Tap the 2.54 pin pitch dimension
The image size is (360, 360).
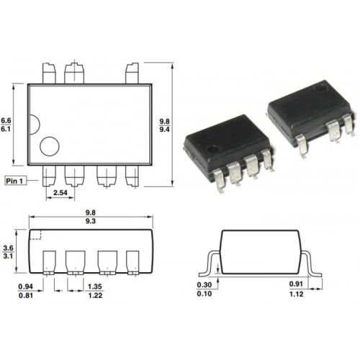(x=60, y=192)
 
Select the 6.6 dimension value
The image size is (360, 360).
(x=6, y=120)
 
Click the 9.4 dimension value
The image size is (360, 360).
(x=164, y=130)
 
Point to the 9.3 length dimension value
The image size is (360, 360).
(x=91, y=221)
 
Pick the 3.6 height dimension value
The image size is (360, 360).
(x=8, y=248)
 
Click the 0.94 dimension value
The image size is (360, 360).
(x=26, y=287)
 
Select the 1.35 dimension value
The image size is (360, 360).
(x=95, y=287)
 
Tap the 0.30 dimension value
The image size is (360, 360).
(x=204, y=285)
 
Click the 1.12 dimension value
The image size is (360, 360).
(x=297, y=294)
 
